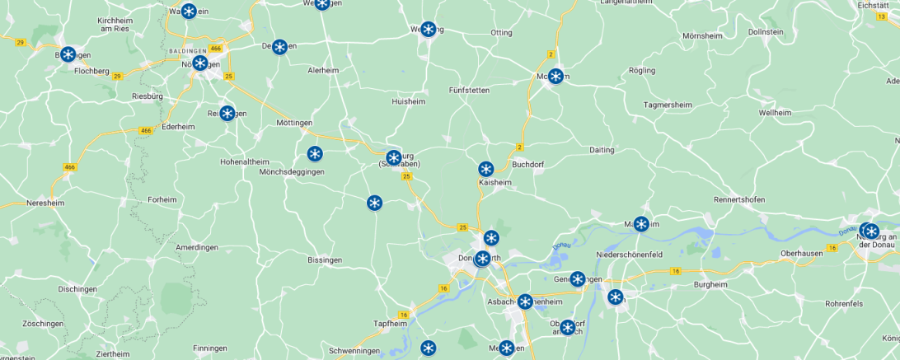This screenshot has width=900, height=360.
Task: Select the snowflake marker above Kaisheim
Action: click(485, 169)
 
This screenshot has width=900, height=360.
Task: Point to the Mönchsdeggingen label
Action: click(292, 172)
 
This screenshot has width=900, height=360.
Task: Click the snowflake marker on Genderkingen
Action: click(577, 279)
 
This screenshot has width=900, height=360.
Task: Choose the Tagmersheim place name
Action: click(668, 105)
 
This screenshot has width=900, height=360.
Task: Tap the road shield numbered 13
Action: click(882, 16)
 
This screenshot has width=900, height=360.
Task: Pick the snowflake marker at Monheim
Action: click(555, 77)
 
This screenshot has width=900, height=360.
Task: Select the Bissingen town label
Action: click(324, 259)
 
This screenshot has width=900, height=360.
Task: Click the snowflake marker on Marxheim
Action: click(640, 223)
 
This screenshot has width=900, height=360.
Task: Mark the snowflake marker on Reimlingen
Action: click(227, 113)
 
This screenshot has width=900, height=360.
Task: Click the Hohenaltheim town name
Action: click(245, 161)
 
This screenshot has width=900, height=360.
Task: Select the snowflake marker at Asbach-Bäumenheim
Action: click(524, 302)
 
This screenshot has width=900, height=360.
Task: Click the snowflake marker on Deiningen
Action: click(279, 47)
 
